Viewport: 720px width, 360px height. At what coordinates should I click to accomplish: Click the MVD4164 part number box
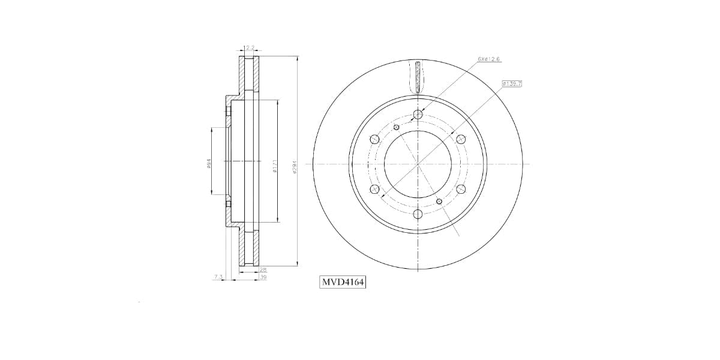pos(343,281)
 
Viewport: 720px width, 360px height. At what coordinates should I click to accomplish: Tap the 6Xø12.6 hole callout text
pos(489,59)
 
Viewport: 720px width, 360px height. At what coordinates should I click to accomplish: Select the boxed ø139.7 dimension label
pos(512,83)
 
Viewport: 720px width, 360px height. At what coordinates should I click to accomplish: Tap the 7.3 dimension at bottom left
pos(218,277)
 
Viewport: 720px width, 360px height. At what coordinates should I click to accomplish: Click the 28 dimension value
pos(263,270)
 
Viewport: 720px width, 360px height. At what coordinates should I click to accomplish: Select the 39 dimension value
pos(263,277)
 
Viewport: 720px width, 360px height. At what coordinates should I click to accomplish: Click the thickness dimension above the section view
pos(250,48)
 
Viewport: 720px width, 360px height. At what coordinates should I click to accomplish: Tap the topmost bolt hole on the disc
pos(418,114)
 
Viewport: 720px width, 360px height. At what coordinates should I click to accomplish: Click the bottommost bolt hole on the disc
pos(418,214)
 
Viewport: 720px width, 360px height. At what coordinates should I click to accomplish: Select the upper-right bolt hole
pos(461,139)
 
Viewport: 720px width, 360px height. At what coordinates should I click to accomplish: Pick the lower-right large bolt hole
pos(461,189)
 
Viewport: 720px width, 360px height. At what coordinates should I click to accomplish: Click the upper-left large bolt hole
pos(375,139)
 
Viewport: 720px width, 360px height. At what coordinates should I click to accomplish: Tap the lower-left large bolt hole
pos(375,189)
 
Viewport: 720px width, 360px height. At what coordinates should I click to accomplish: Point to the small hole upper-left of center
pos(397,127)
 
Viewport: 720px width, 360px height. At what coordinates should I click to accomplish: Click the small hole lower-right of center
pos(439,201)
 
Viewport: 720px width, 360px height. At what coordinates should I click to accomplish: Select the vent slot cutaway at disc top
pos(418,76)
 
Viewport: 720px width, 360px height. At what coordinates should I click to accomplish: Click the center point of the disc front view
pos(418,164)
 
